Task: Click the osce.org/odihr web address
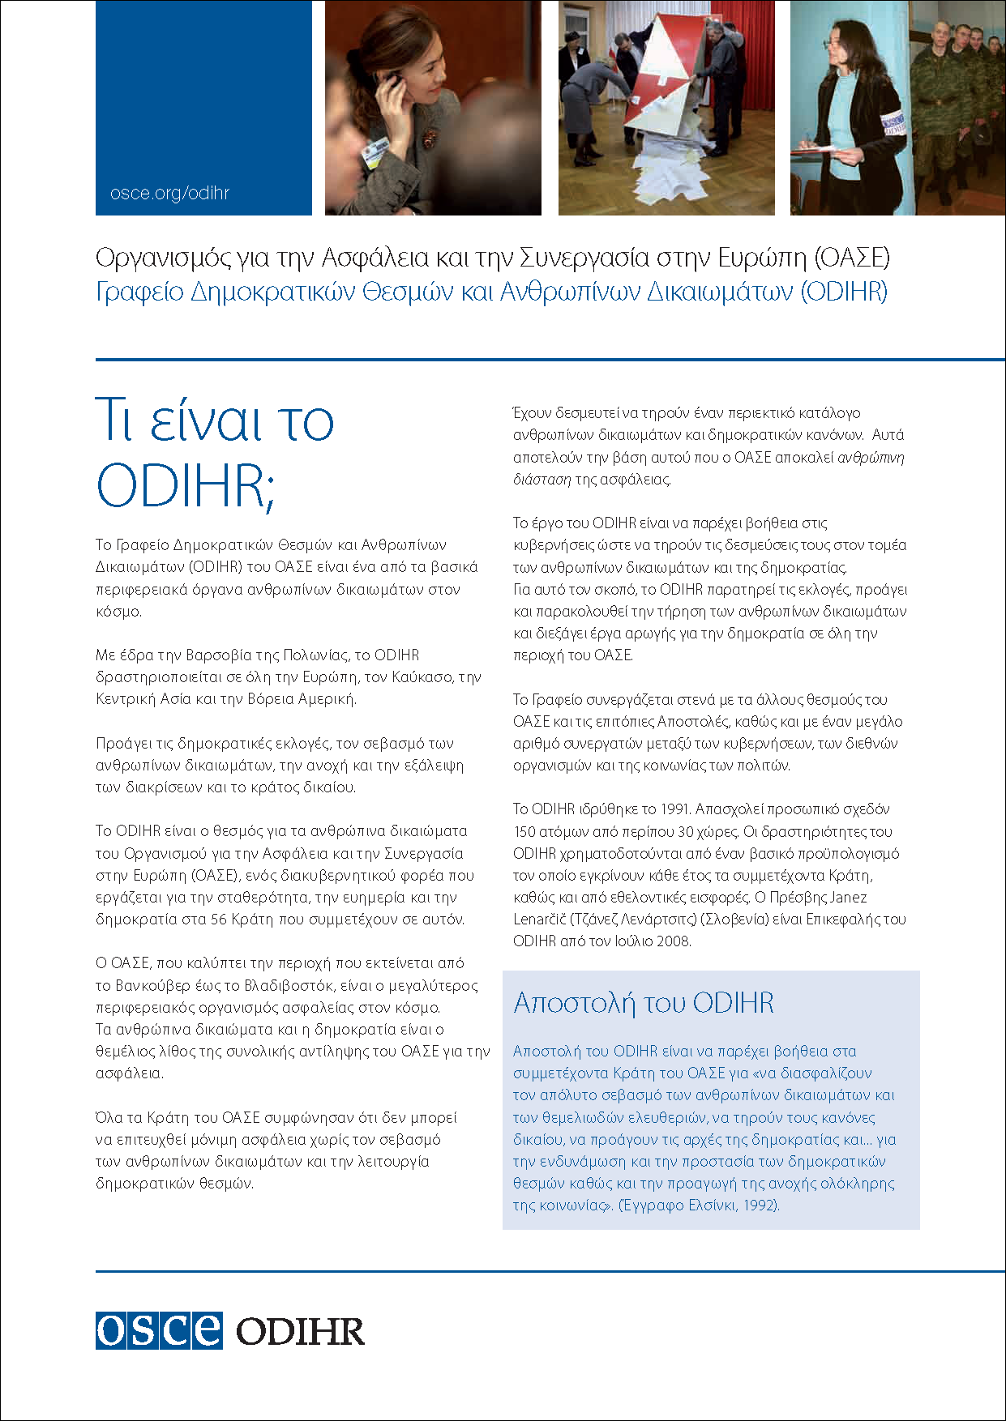click(169, 194)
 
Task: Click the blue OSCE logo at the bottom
click(159, 1330)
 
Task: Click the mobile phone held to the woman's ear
click(392, 81)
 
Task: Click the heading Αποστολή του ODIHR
click(644, 1003)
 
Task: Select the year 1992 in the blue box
click(760, 1206)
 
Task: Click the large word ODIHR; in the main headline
click(186, 486)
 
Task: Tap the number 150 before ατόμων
click(524, 832)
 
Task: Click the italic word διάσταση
click(542, 480)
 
